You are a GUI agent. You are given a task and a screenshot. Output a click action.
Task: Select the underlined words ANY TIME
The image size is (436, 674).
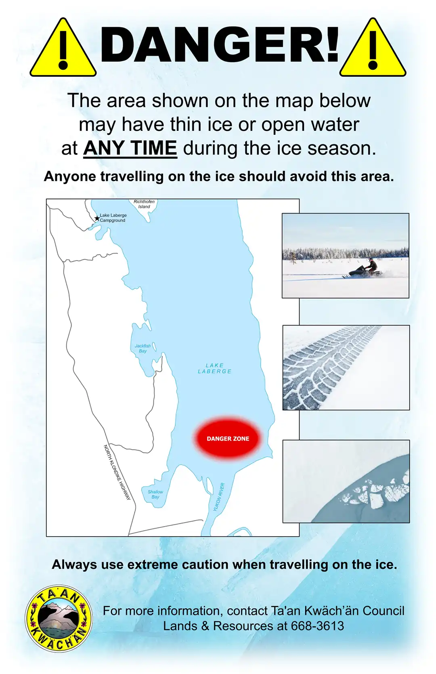click(130, 148)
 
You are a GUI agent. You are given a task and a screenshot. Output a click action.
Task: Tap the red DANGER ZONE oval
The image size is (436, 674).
click(228, 439)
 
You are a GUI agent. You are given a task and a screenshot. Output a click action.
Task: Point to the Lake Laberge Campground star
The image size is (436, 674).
click(97, 218)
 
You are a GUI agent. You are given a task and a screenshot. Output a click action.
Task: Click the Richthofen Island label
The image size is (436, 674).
click(144, 204)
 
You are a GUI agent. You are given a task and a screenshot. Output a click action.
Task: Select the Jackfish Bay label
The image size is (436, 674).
click(143, 348)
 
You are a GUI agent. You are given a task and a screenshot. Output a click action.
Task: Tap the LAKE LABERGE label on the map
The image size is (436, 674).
click(214, 368)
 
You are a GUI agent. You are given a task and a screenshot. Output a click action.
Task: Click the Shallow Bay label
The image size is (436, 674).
click(155, 494)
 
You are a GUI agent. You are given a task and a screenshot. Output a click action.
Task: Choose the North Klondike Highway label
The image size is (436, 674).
click(117, 472)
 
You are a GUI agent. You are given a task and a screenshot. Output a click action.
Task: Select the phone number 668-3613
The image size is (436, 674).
click(317, 626)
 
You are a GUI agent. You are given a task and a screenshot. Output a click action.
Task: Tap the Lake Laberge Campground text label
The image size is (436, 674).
click(113, 218)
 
